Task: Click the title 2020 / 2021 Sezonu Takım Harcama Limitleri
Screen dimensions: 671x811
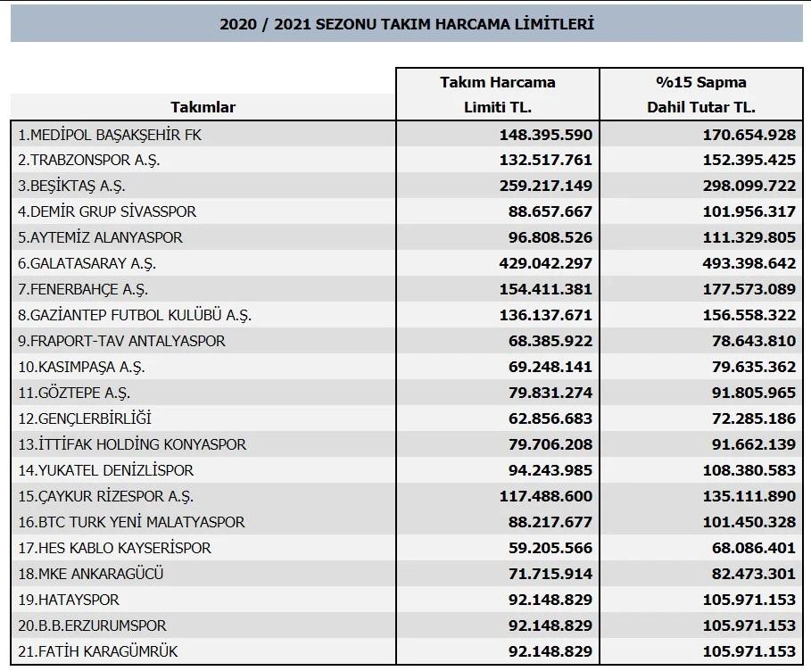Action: pos(406,24)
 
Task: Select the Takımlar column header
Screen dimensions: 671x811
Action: pos(203,107)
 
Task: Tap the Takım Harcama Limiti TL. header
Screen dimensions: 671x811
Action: pos(497,95)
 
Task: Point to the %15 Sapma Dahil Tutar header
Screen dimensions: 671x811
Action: pos(700,95)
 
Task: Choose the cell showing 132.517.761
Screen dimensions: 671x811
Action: pos(545,161)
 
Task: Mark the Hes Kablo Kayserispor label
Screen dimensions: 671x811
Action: pos(114,548)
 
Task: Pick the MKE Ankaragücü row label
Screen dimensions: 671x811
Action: pos(90,574)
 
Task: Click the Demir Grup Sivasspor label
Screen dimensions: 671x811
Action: pos(107,211)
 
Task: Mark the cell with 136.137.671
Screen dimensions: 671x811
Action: pos(545,315)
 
